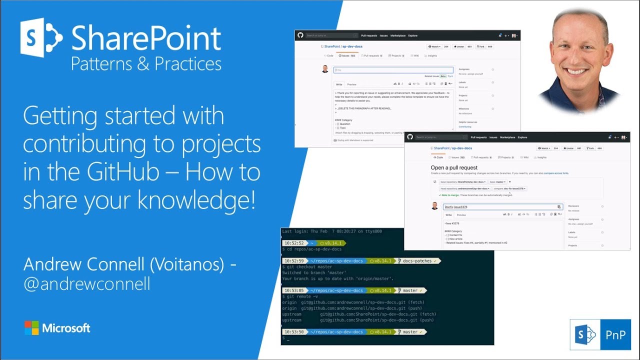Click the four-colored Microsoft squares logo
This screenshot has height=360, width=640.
coord(31,328)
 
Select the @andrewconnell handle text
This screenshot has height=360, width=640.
coord(87,283)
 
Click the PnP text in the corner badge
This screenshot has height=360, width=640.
coord(615,334)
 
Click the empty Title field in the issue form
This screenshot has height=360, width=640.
coord(393,70)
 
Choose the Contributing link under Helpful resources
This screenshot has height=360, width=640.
coord(465,127)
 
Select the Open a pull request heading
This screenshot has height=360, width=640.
coord(454,167)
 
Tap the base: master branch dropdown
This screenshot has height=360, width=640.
coord(498,181)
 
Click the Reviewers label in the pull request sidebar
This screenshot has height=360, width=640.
coord(573,206)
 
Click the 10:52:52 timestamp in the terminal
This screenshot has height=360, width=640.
coord(293,242)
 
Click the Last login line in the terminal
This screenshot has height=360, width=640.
coord(332,231)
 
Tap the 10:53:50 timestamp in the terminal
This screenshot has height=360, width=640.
coord(293,331)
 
